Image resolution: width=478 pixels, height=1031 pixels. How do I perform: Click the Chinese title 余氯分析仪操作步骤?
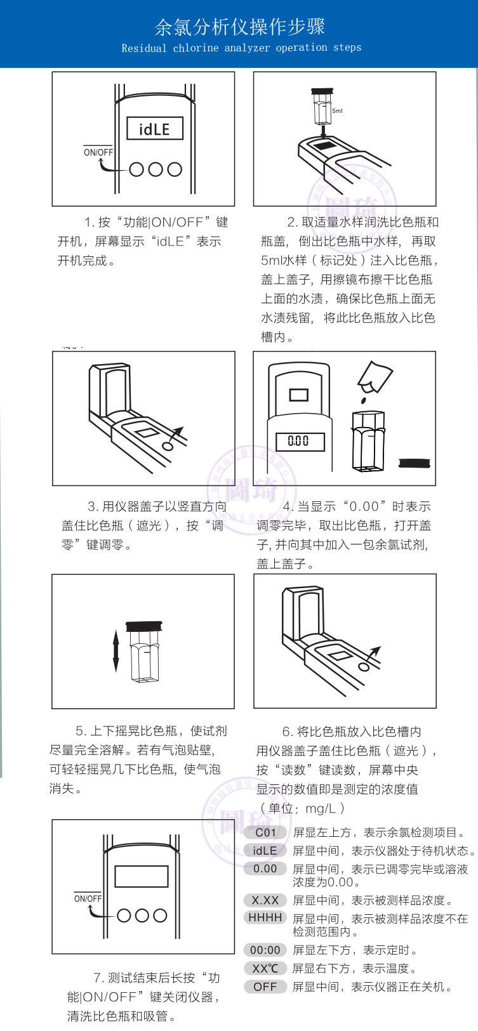(239, 27)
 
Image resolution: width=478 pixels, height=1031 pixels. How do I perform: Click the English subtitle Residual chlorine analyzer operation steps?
(241, 48)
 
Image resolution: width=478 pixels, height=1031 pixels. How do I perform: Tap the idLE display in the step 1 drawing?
(154, 129)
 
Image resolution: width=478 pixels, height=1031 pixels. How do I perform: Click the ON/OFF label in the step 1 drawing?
(98, 152)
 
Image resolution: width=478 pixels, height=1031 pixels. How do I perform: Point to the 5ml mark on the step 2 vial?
(337, 111)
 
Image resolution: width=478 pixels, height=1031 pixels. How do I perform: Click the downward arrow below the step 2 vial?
(324, 132)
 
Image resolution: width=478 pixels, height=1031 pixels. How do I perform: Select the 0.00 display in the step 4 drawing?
(298, 441)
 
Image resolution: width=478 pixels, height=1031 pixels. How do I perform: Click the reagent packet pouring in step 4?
(375, 376)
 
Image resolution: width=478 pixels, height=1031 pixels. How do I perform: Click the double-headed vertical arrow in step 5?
(116, 651)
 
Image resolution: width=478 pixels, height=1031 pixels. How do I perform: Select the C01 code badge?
(265, 832)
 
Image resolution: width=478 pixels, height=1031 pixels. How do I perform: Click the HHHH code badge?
(265, 917)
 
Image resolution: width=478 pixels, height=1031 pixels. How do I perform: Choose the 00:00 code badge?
(265, 950)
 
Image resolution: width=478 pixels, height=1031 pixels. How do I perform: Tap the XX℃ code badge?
(265, 968)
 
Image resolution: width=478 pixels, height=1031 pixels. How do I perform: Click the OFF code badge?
(265, 987)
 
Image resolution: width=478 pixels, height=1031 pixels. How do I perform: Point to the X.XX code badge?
(265, 900)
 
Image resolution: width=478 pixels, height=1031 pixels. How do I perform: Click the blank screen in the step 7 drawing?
(141, 876)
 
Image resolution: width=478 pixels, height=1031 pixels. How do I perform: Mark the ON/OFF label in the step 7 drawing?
(88, 898)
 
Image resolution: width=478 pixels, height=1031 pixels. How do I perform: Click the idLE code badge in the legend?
(265, 851)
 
